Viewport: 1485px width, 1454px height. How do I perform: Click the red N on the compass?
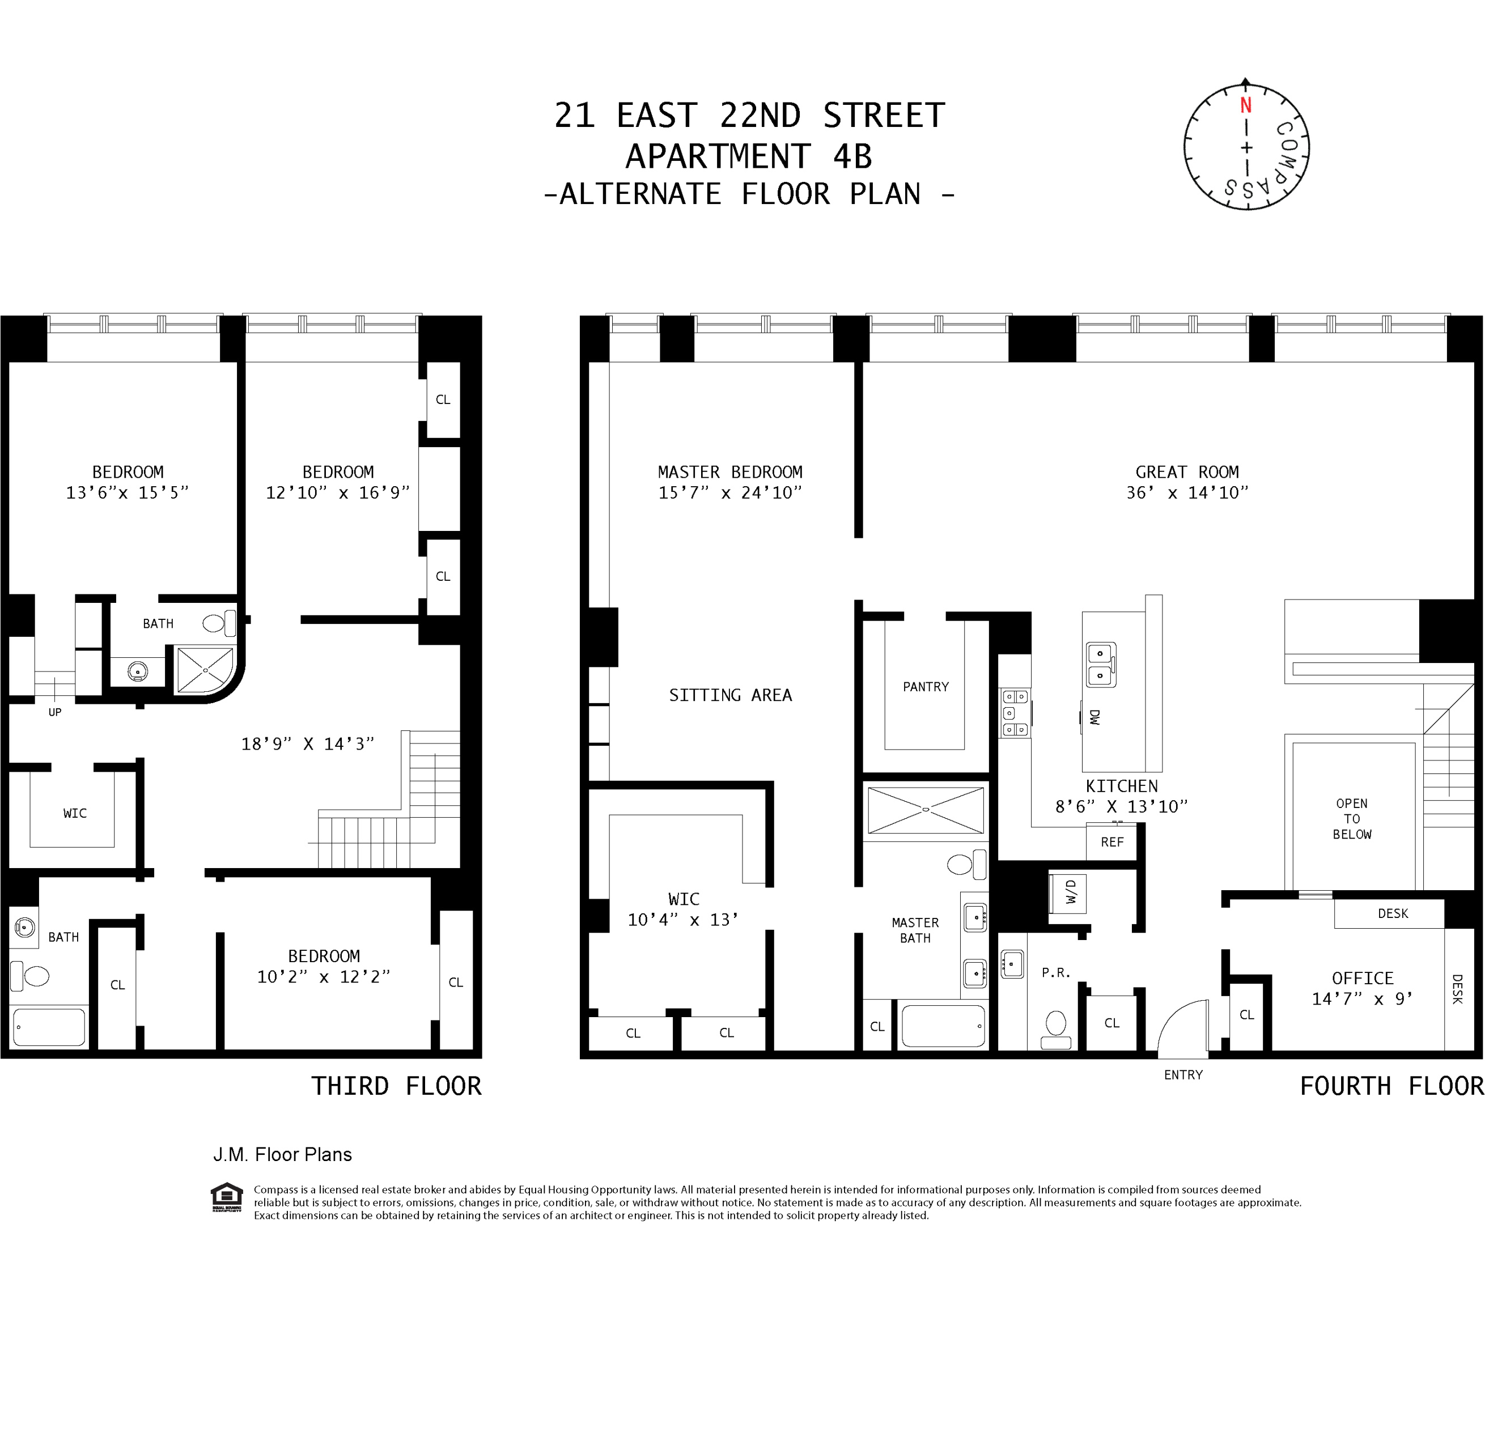(x=1245, y=105)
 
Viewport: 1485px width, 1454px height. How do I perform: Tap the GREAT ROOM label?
(x=1186, y=472)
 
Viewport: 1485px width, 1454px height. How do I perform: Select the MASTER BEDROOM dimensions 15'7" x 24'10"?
(x=729, y=492)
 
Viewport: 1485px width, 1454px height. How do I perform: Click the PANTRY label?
(x=925, y=687)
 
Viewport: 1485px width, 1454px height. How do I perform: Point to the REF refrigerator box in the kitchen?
(x=1111, y=841)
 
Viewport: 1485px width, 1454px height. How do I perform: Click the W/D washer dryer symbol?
(x=1070, y=892)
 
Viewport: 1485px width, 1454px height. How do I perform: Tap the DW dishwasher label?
(x=1094, y=716)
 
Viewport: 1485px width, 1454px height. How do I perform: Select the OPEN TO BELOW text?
(x=1351, y=819)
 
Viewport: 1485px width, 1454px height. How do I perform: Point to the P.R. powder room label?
(x=1056, y=972)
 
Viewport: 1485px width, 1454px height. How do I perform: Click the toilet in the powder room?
(x=1056, y=1027)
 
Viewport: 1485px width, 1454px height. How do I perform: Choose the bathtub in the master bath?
(x=943, y=1026)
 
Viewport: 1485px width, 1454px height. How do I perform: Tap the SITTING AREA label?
(x=729, y=695)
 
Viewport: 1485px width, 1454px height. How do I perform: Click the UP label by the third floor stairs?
(x=55, y=712)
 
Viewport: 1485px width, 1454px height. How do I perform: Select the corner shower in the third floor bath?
(x=204, y=670)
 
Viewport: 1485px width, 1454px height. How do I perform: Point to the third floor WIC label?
(x=75, y=813)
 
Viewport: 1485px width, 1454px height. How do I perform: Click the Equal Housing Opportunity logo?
(x=227, y=1197)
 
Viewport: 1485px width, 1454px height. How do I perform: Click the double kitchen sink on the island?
(x=1100, y=664)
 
